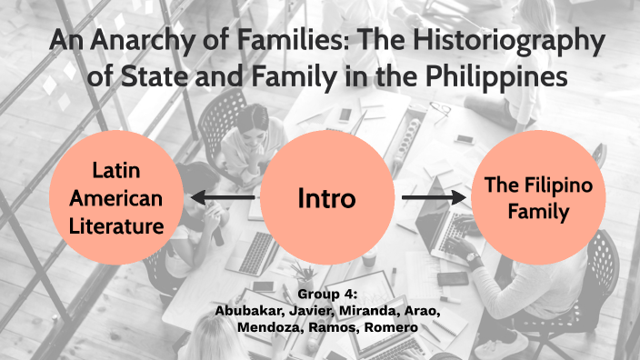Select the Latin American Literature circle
[x=115, y=197]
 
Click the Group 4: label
[x=327, y=295]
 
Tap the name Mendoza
[x=271, y=326]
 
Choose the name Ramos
[x=338, y=326]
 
